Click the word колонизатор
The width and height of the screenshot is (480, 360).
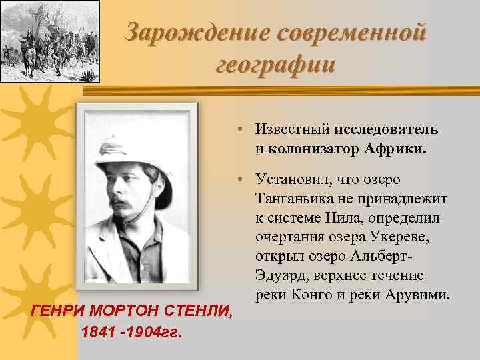pos(312,148)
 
